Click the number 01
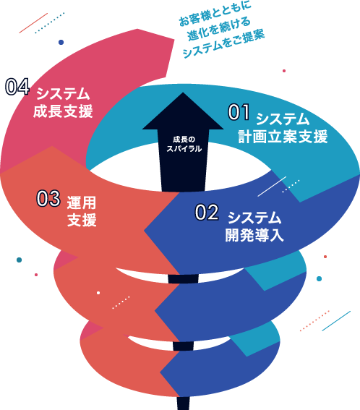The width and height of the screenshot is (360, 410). click(x=239, y=112)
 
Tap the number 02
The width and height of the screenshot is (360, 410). click(x=207, y=213)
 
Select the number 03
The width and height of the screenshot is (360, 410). click(x=48, y=198)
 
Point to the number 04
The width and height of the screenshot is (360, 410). click(x=17, y=87)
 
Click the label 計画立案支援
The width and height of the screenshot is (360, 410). click(x=283, y=136)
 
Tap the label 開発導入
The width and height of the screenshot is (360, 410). click(x=254, y=235)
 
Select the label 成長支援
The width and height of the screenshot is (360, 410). click(x=63, y=111)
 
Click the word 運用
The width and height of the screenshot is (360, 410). click(x=82, y=202)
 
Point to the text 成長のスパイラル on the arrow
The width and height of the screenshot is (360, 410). click(x=184, y=144)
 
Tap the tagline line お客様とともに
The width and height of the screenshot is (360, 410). click(x=215, y=13)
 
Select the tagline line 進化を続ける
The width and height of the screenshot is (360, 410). click(x=219, y=30)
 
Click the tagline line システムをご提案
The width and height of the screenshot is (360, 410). click(x=224, y=44)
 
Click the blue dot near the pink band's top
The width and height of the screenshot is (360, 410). click(x=61, y=42)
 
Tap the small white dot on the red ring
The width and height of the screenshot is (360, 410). click(x=98, y=293)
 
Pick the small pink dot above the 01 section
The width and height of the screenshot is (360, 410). click(x=284, y=71)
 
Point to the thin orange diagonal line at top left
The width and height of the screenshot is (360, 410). click(x=33, y=23)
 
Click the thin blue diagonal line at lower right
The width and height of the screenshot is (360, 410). click(x=336, y=321)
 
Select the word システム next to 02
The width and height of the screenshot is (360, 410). click(x=254, y=218)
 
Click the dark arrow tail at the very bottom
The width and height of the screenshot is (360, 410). click(x=183, y=403)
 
